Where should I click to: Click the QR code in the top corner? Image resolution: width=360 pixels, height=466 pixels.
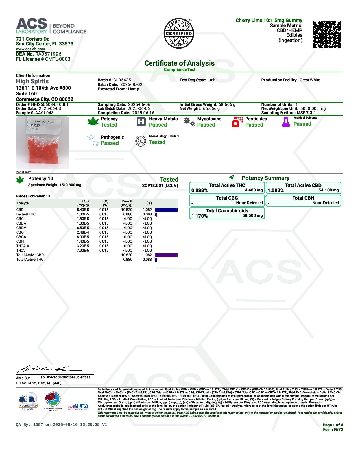point(327,34)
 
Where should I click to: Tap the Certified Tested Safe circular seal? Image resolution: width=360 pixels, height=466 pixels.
point(179,33)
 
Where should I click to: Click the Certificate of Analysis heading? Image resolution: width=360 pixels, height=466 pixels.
point(179,63)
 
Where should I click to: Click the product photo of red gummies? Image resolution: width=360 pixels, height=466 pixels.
point(42,143)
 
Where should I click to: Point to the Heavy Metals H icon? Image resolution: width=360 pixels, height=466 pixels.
point(141,122)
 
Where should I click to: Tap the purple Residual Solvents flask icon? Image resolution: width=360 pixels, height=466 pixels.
point(286,122)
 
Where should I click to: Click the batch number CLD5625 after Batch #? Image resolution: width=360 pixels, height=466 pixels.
point(122,80)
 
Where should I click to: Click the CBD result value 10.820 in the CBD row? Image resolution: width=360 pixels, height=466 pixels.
point(126,210)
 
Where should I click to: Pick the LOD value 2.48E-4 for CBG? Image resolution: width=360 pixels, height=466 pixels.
point(83,232)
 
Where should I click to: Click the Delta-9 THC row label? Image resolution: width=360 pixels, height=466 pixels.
point(26,214)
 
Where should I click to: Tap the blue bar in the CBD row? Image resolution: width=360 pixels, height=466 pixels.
point(166,210)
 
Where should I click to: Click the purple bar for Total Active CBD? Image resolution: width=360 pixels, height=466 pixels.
point(166,255)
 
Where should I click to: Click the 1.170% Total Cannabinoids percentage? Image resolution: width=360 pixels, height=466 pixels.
point(199,216)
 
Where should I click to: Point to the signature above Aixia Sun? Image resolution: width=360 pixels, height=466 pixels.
point(51,369)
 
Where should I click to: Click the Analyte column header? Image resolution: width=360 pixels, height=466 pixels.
point(22,203)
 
